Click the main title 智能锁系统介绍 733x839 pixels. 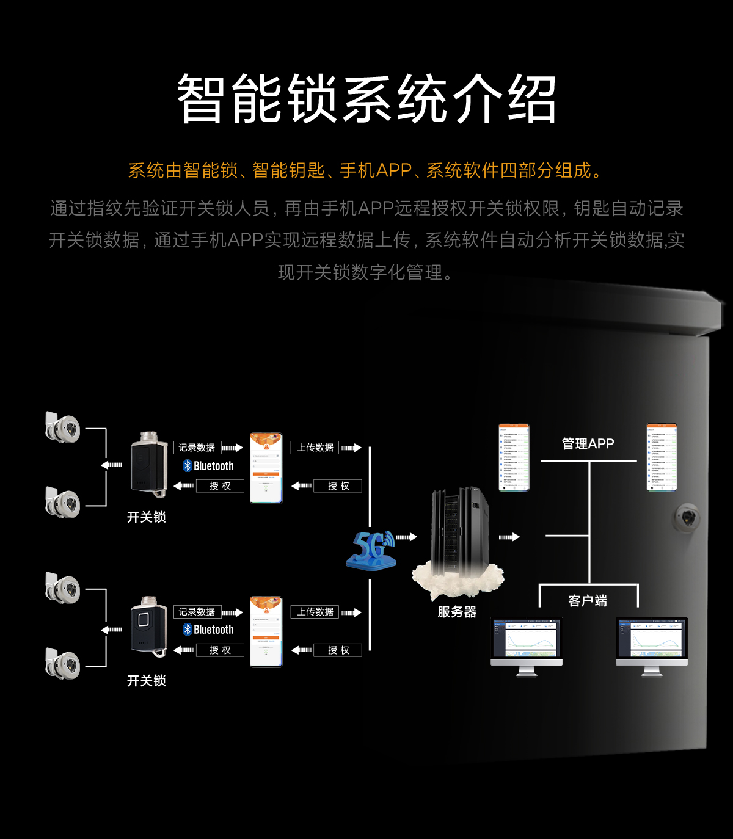point(366,99)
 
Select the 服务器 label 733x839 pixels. point(457,612)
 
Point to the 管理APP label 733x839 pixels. point(588,444)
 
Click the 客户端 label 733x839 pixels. point(588,601)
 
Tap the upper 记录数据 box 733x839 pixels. point(197,448)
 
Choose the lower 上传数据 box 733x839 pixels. point(315,612)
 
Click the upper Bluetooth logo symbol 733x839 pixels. point(188,466)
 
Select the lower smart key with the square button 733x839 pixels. point(148,627)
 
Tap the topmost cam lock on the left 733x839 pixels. point(63,427)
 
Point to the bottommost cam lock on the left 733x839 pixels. point(63,664)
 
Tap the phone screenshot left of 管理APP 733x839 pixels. point(514,457)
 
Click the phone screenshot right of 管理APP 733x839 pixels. point(662,457)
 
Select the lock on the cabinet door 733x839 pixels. point(688,518)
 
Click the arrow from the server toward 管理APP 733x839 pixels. point(509,537)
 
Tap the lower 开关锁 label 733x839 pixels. point(147,681)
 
